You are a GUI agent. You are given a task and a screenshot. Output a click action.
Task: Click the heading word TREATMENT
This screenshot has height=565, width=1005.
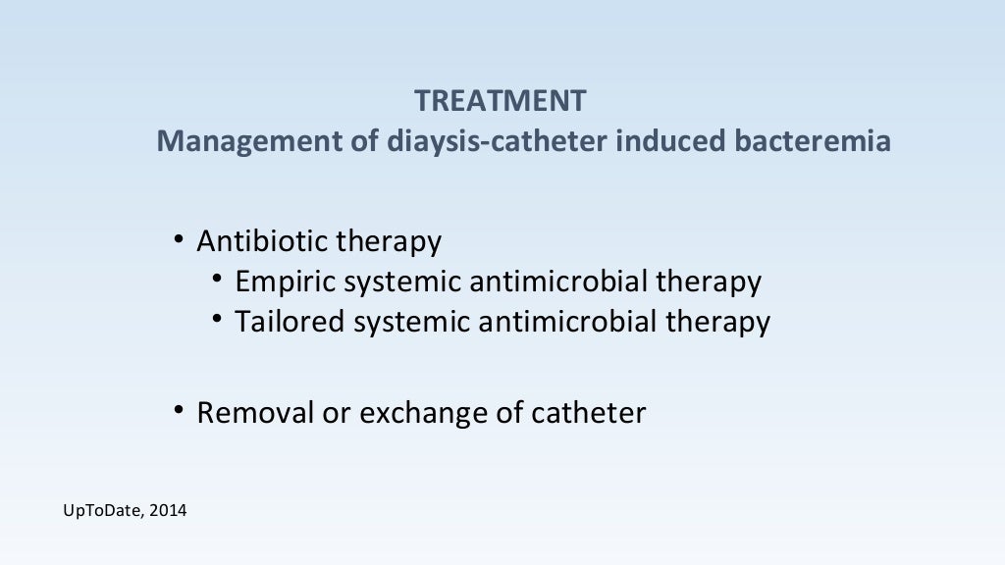coord(501,100)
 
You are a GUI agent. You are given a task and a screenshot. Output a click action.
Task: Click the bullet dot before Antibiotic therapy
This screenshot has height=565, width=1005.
coord(179,238)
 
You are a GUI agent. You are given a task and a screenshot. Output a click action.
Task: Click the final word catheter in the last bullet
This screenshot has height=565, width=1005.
coord(588,412)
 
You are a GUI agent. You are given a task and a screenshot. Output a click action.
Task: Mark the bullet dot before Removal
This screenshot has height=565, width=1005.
coord(179,409)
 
